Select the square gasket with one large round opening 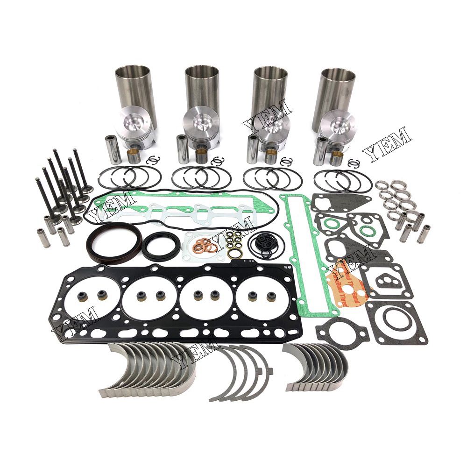[396, 322]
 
